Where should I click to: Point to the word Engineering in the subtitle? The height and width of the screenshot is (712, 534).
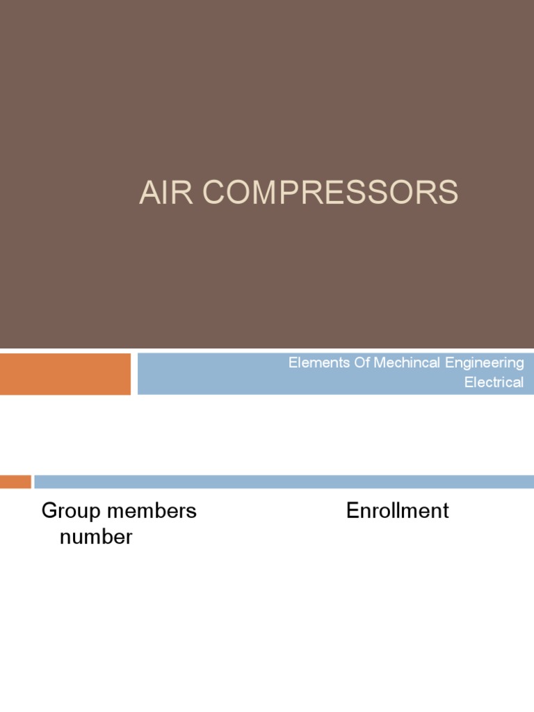coord(484,363)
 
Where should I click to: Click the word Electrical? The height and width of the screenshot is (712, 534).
coord(494,382)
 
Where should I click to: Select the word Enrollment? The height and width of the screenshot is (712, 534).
coord(398,511)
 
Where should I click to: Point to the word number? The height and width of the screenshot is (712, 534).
coord(96,537)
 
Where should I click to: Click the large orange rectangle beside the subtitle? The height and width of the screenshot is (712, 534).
coord(65,373)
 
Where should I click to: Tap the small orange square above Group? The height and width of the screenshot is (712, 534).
coord(15,481)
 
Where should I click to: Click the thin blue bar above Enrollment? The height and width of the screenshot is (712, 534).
coord(284,481)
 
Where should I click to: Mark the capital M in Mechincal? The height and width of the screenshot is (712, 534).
coord(380,362)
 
